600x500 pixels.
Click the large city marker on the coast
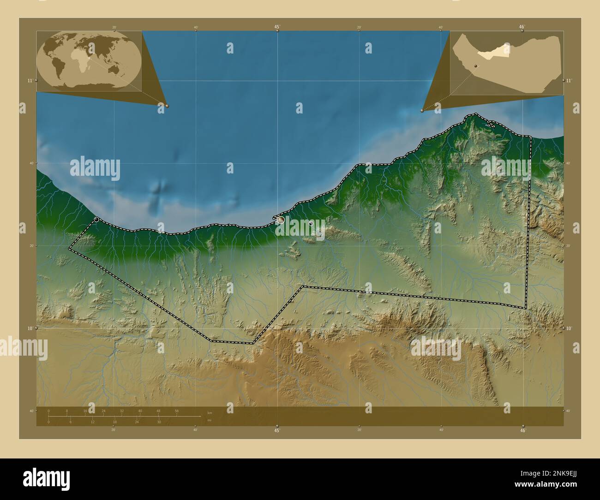pyautogui.click(x=281, y=221)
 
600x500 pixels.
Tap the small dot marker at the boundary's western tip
pyautogui.click(x=96, y=219)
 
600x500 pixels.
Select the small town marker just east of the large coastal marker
pyautogui.click(x=311, y=223)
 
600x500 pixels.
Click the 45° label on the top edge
pyautogui.click(x=277, y=27)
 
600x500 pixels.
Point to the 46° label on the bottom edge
pyautogui.click(x=522, y=430)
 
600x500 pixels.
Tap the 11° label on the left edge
pyautogui.click(x=30, y=81)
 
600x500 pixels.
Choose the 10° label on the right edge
pyautogui.click(x=570, y=328)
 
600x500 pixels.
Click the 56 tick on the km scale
pyautogui.click(x=177, y=411)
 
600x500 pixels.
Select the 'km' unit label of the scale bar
pyautogui.click(x=210, y=412)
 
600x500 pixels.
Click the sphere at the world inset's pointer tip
pyautogui.click(x=167, y=106)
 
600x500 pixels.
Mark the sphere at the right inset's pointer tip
pyautogui.click(x=422, y=111)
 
